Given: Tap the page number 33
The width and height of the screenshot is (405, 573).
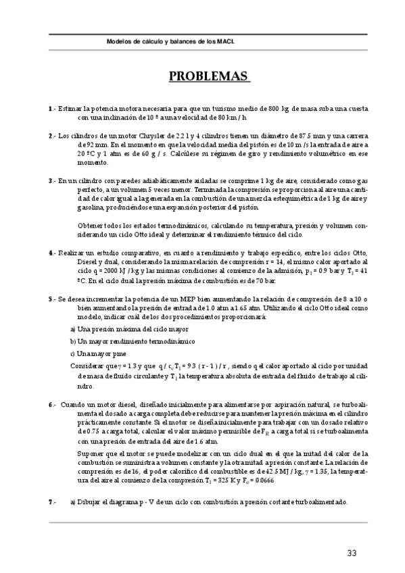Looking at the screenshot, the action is (352, 553).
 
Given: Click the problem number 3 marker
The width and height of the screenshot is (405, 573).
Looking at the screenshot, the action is (51, 180).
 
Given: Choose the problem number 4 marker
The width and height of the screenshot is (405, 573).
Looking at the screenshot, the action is (51, 252).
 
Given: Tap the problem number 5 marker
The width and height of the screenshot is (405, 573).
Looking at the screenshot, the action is (51, 297).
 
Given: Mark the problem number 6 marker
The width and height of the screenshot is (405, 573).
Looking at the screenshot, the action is (51, 404).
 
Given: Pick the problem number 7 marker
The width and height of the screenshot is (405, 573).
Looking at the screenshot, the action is (51, 502).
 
